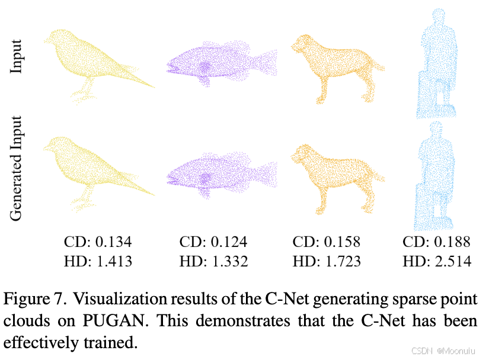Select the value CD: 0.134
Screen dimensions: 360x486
[97, 242]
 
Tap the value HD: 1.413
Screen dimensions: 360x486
[97, 261]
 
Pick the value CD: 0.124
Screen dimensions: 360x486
[213, 242]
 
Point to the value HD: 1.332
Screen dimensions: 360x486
[213, 261]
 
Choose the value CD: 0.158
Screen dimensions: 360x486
[327, 242]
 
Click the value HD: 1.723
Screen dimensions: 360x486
[327, 261]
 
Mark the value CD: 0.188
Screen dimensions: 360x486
[437, 242]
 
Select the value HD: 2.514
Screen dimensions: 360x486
[437, 261]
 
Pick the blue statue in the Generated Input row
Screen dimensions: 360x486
[436, 178]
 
